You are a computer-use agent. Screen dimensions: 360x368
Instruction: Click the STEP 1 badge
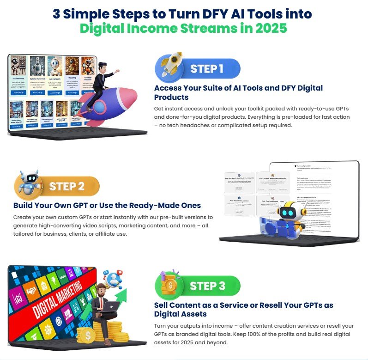(x=207, y=69)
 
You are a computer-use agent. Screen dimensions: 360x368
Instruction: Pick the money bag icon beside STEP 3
(x=168, y=284)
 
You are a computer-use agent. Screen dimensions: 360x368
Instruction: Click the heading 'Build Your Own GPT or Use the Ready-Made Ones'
(x=107, y=205)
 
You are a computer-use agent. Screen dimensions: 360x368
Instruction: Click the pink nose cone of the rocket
(x=132, y=92)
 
